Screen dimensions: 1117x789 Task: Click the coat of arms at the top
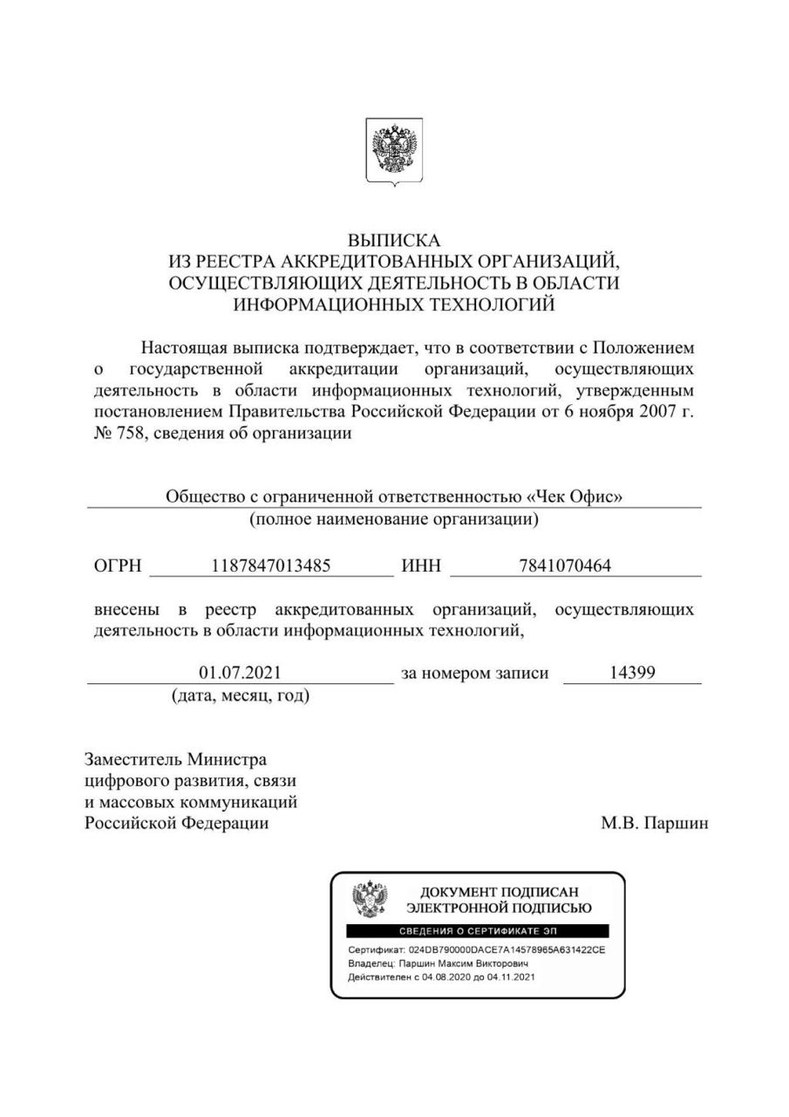click(x=394, y=151)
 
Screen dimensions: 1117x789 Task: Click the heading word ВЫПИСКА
click(x=394, y=240)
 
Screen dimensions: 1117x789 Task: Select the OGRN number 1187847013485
click(x=271, y=565)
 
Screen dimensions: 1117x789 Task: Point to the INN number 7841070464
click(x=565, y=565)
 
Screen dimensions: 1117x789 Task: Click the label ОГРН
click(x=117, y=565)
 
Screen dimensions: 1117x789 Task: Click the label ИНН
click(x=421, y=565)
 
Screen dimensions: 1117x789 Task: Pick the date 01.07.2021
click(x=240, y=673)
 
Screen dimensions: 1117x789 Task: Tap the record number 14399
click(x=632, y=673)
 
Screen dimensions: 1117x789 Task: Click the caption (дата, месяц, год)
click(x=240, y=696)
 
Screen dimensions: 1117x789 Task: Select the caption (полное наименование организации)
click(x=394, y=519)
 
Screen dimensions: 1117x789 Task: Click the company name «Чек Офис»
click(x=575, y=497)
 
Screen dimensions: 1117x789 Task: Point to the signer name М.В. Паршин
click(x=654, y=823)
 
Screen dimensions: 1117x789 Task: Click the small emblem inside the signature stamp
click(x=370, y=899)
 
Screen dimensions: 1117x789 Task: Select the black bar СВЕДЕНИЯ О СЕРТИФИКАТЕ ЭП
click(x=478, y=931)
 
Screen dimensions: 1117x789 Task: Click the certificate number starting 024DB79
click(x=506, y=949)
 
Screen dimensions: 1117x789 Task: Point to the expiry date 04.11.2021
click(x=511, y=977)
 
